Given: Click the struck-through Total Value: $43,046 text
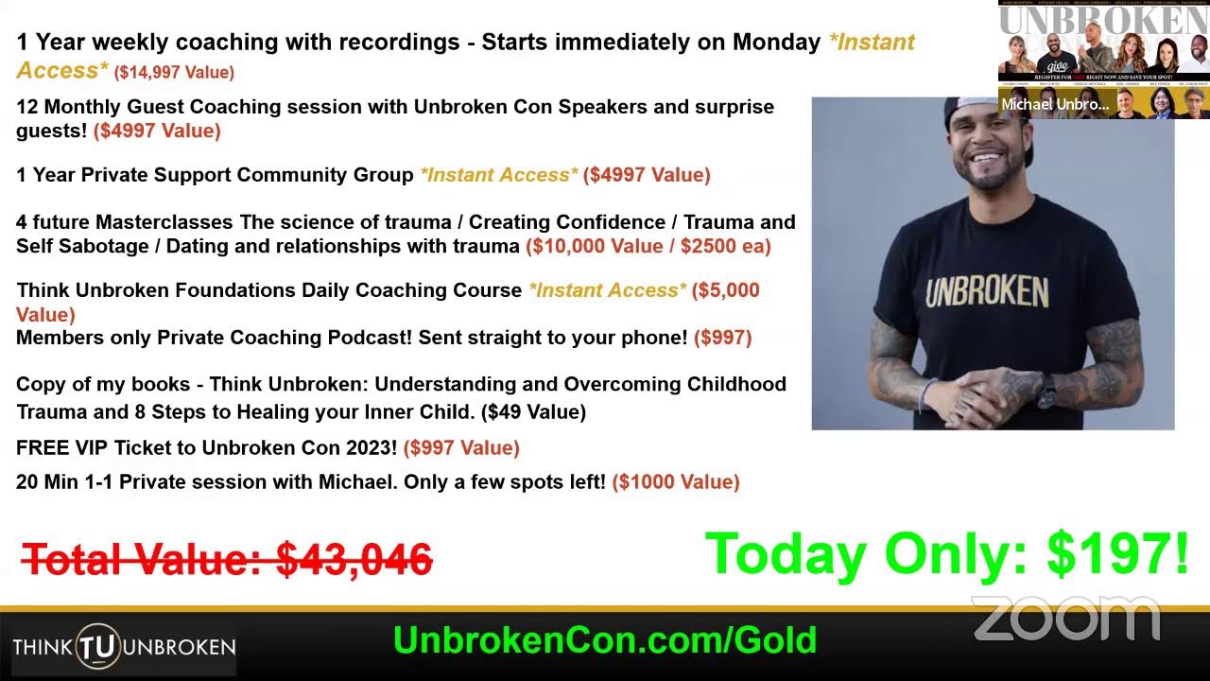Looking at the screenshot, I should click(x=227, y=559).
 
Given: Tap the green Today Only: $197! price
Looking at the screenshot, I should click(x=946, y=555).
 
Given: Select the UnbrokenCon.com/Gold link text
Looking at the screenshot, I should click(x=605, y=640).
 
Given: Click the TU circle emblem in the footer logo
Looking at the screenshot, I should click(x=97, y=647).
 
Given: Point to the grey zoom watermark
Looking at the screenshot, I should click(x=1065, y=620).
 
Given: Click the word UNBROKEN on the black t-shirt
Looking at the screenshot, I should click(x=986, y=292).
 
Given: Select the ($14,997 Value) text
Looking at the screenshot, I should click(x=174, y=72).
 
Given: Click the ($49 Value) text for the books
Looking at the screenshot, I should click(x=533, y=411).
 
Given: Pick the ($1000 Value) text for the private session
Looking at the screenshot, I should click(x=676, y=482).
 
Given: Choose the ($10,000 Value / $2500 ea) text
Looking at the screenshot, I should click(x=648, y=247).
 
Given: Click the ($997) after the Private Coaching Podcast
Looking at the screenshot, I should click(x=723, y=338).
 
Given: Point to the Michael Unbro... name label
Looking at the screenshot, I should click(x=1055, y=105).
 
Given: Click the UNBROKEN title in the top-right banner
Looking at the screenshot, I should click(x=1103, y=20).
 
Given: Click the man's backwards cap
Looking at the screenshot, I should click(x=983, y=118).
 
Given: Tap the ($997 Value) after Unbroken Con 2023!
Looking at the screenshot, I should click(x=461, y=448).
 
